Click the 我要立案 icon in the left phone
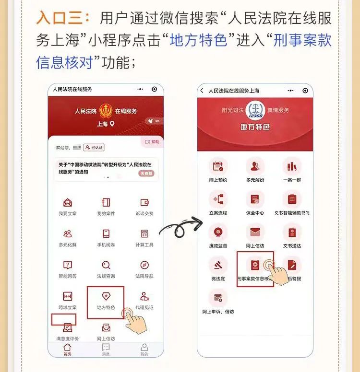tap(68, 202)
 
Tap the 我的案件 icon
tap(106, 202)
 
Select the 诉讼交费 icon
tap(144, 202)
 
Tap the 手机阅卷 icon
tap(106, 233)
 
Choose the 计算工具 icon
tap(144, 233)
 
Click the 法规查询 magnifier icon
tap(106, 265)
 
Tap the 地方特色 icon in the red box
tap(106, 296)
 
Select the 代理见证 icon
tap(144, 296)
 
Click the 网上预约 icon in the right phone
tap(218, 166)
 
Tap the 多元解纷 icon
tap(255, 166)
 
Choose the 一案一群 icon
tap(292, 166)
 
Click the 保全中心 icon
tap(255, 199)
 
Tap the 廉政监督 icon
tap(218, 232)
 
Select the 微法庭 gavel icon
tap(218, 265)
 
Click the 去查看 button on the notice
tap(146, 173)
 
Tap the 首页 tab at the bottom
tap(67, 349)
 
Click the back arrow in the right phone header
tap(202, 91)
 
